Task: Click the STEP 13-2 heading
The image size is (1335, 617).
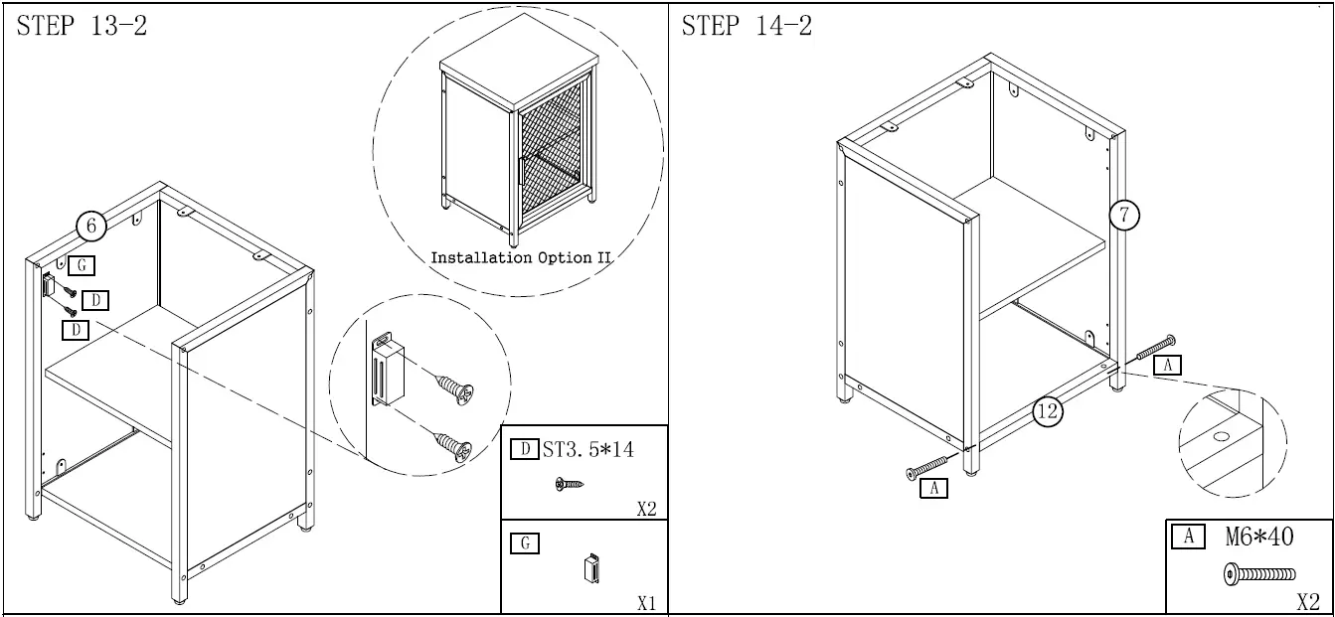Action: [x=82, y=27]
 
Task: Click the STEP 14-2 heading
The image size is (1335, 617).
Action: [x=747, y=27]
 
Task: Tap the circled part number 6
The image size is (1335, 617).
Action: [x=91, y=227]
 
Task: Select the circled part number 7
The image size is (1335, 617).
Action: [x=1124, y=215]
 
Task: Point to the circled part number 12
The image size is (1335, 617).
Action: [x=1048, y=410]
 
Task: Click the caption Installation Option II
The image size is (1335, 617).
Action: [x=520, y=257]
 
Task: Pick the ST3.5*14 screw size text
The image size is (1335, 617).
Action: [x=587, y=449]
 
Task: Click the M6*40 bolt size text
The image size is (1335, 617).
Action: [x=1258, y=538]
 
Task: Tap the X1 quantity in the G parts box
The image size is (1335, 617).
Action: [x=646, y=603]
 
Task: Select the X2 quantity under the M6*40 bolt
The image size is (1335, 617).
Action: [x=1308, y=602]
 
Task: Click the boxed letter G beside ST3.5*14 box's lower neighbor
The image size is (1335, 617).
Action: [x=524, y=542]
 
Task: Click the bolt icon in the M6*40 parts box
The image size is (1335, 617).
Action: [x=1259, y=573]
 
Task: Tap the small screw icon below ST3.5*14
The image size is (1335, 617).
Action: [x=569, y=484]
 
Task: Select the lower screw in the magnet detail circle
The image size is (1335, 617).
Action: [x=454, y=445]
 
